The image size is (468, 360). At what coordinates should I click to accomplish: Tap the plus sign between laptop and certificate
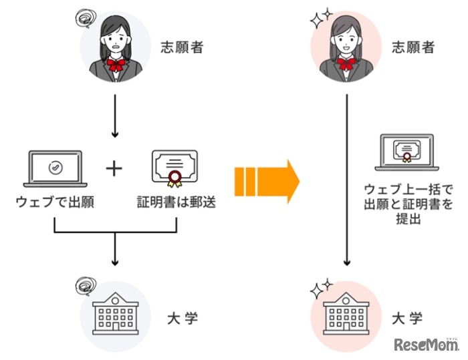(115, 170)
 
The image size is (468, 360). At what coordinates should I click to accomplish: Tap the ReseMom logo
(425, 345)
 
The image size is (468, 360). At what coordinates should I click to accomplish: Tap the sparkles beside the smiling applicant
(320, 19)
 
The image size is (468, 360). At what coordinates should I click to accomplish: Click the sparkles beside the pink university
(320, 289)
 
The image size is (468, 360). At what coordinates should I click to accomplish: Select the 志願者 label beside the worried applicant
(180, 48)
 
